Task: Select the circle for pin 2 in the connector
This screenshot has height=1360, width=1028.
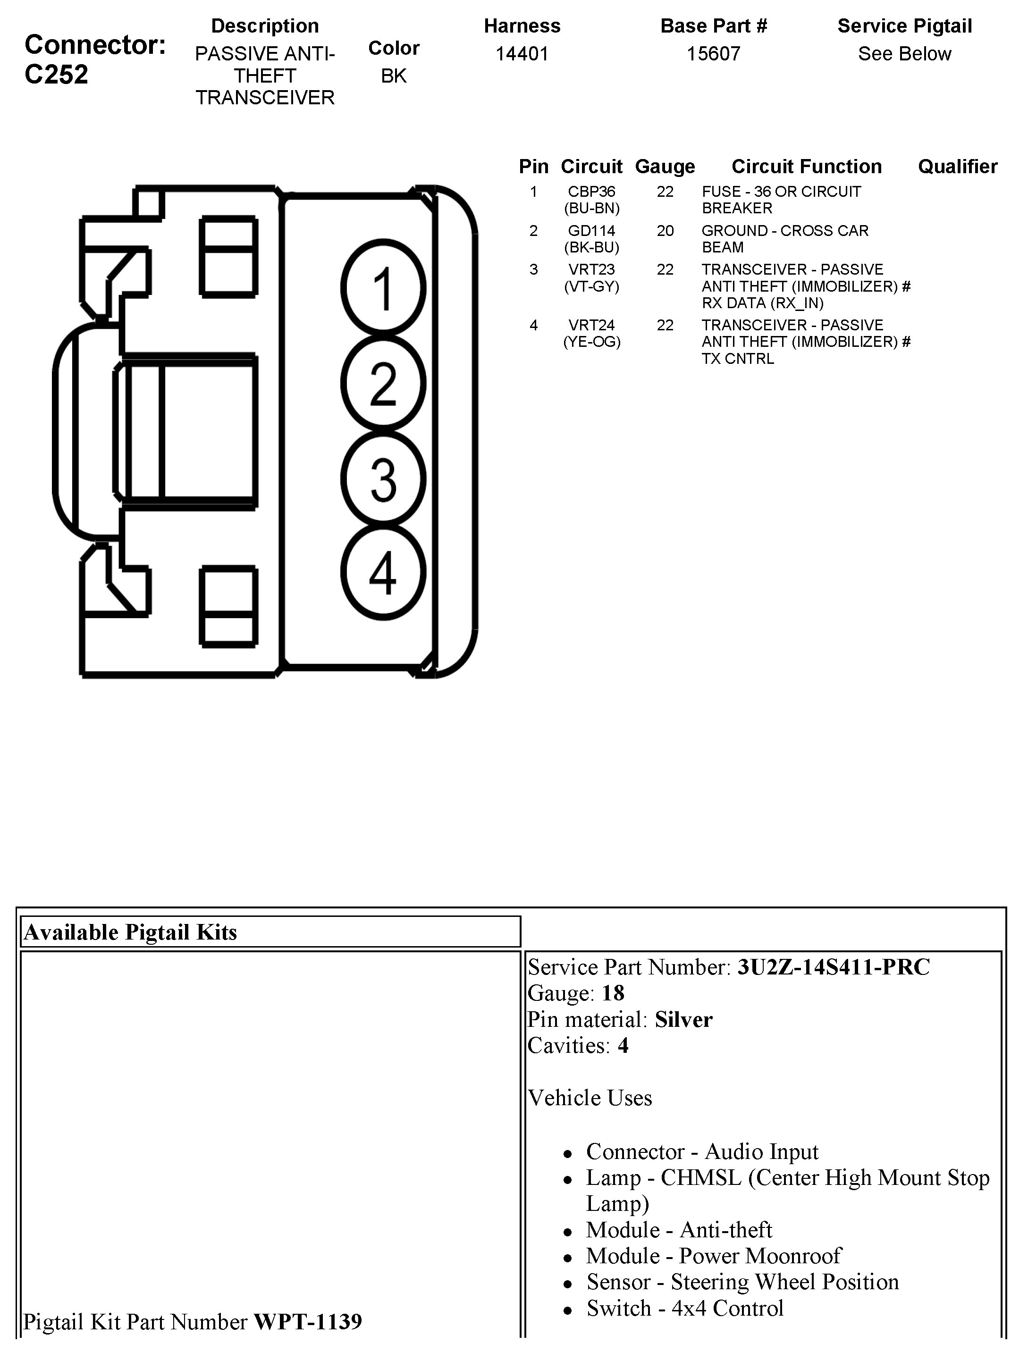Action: pyautogui.click(x=383, y=384)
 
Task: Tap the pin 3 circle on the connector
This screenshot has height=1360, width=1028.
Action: pyautogui.click(x=383, y=479)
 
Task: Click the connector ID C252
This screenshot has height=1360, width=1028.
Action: pyautogui.click(x=56, y=75)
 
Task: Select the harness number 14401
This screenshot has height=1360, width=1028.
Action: pyautogui.click(x=522, y=54)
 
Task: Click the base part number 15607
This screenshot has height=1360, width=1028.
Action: pyautogui.click(x=713, y=54)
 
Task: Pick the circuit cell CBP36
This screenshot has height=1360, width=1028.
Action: pyautogui.click(x=591, y=192)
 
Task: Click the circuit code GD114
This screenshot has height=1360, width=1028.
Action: pyautogui.click(x=591, y=231)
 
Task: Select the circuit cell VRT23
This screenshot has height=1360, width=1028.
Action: pyautogui.click(x=591, y=270)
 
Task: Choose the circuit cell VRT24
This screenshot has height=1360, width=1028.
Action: pyautogui.click(x=591, y=325)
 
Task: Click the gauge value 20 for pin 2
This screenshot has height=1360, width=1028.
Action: pyautogui.click(x=665, y=231)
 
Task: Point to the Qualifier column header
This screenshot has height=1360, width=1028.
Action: pyautogui.click(x=957, y=167)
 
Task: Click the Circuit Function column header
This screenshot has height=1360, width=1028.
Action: pyautogui.click(x=806, y=167)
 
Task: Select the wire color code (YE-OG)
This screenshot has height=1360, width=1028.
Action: pyautogui.click(x=591, y=342)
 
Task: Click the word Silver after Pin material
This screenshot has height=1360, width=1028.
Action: pyautogui.click(x=683, y=1020)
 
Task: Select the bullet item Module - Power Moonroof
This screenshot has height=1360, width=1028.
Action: pyautogui.click(x=713, y=1256)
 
